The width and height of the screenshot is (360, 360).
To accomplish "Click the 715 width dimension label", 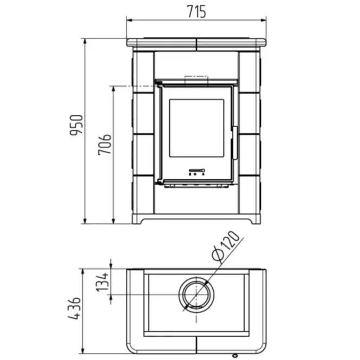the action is [197, 11].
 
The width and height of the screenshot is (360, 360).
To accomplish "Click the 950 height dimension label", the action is [76, 125].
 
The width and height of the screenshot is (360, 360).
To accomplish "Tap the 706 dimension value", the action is [104, 145].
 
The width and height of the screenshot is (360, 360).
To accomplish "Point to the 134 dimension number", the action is [102, 282].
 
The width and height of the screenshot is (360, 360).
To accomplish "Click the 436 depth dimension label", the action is [74, 309].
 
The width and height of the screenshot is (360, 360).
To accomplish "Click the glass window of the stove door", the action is [197, 128].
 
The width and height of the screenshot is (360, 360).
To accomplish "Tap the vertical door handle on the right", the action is [235, 142].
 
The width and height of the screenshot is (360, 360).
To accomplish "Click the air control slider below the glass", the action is [197, 171].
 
